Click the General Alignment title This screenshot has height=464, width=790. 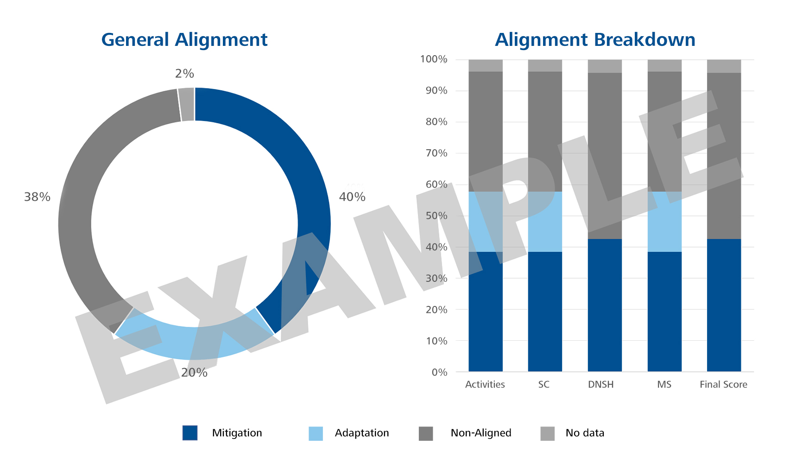[184, 40]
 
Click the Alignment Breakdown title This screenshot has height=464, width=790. [595, 40]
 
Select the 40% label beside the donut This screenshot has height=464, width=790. [352, 197]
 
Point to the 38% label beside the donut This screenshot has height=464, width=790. [37, 197]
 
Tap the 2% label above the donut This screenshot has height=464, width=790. [184, 73]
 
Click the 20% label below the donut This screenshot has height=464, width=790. [194, 373]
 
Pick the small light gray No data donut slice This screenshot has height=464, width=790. [186, 104]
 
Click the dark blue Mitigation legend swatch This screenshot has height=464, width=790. [190, 433]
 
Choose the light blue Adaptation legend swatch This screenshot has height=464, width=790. [316, 433]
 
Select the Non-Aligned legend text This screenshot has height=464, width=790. [481, 433]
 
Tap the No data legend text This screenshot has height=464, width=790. [585, 433]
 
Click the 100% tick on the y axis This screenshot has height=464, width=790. [434, 59]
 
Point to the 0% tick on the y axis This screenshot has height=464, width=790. [439, 372]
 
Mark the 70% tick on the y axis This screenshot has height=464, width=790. [436, 153]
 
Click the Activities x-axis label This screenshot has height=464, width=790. [485, 384]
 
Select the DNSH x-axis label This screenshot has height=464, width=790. [600, 384]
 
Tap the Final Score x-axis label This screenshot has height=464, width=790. [723, 384]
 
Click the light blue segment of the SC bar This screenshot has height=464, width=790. [545, 222]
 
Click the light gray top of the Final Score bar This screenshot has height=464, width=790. [724, 66]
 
